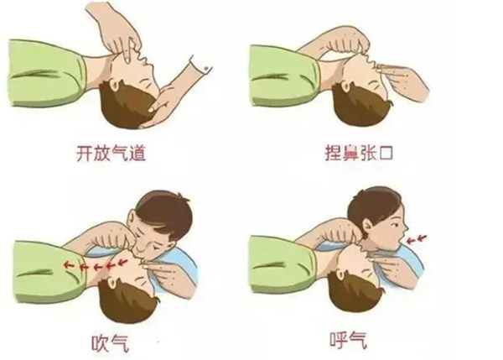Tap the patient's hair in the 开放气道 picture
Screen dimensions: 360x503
coord(122,109)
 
